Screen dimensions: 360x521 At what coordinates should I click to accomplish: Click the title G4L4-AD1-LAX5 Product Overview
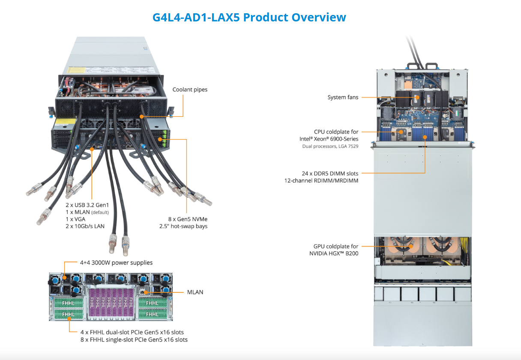tap(249, 18)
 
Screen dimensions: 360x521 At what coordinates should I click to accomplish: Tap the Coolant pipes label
tap(190, 89)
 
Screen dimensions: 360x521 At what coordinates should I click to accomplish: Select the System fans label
tap(343, 98)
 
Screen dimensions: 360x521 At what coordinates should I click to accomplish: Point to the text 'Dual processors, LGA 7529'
tap(330, 146)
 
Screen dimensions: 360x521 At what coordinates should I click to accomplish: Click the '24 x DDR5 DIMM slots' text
tap(330, 173)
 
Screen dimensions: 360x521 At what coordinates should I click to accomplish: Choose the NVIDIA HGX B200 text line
tap(333, 253)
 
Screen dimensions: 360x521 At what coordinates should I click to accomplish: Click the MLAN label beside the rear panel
tap(195, 292)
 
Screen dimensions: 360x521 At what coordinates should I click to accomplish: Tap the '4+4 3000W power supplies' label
tap(116, 262)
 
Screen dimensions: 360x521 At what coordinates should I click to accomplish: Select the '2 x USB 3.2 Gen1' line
tap(87, 205)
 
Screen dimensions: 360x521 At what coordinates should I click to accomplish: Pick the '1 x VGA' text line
tap(76, 219)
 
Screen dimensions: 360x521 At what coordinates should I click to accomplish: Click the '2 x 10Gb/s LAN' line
tap(85, 226)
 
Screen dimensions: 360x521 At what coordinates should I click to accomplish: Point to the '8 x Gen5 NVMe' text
tap(188, 219)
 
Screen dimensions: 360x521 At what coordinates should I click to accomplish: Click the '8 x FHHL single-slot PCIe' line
tap(134, 340)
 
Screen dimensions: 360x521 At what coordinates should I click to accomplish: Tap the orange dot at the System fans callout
tap(416, 98)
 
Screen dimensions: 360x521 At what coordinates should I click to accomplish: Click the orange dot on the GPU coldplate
tap(410, 247)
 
